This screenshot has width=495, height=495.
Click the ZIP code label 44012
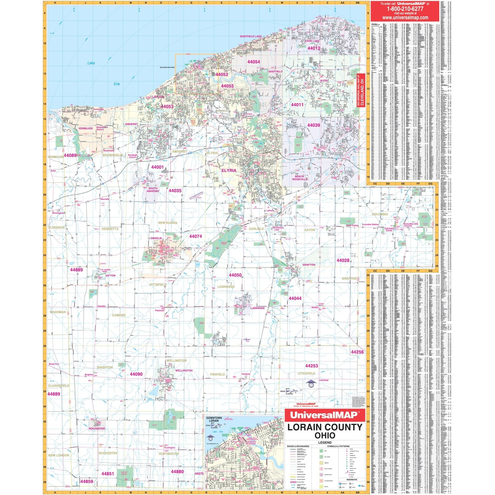[313, 48]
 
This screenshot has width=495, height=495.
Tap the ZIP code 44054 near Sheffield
[253, 62]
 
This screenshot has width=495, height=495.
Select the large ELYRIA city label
[229, 170]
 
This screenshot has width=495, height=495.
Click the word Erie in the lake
[117, 84]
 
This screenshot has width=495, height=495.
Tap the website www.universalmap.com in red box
[405, 18]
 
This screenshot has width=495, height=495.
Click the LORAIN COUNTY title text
[325, 427]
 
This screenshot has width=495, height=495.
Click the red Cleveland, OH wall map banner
[362, 90]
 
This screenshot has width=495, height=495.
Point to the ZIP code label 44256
[357, 352]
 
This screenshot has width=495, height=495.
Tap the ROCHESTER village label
[97, 429]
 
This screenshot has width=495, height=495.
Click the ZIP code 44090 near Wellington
[136, 374]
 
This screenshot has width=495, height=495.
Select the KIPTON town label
[111, 276]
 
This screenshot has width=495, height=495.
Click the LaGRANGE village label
[258, 308]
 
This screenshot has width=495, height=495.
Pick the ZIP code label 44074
[195, 236]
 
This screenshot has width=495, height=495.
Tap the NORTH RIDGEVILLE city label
[300, 178]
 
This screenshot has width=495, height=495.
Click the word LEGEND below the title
[325, 443]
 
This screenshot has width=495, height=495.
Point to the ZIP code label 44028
[343, 260]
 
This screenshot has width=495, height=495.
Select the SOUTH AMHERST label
[153, 190]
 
